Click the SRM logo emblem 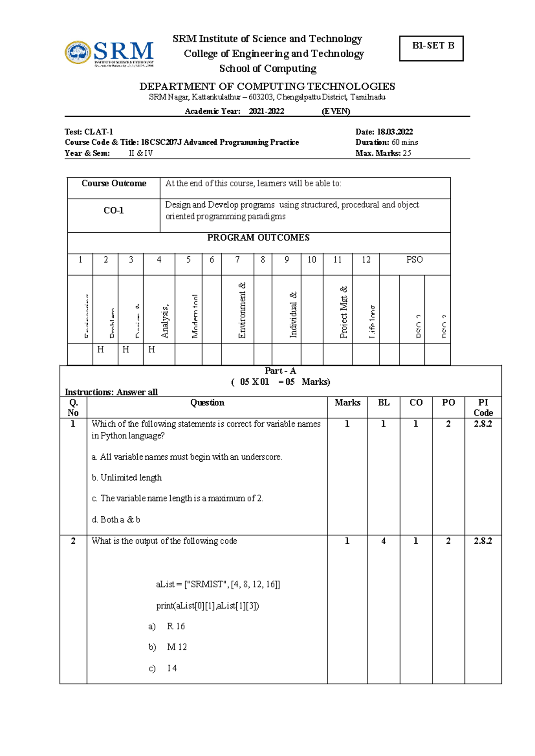[78, 53]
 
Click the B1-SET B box [431, 48]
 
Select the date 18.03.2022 [395, 132]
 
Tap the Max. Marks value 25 [407, 153]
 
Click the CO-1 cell [114, 211]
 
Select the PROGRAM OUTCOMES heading [258, 238]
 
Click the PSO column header [414, 260]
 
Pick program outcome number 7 [238, 260]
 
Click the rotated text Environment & [242, 310]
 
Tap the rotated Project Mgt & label [343, 312]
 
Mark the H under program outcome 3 [126, 350]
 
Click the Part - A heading [280, 371]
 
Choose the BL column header [383, 403]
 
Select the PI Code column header [483, 407]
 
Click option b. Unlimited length [127, 478]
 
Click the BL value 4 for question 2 [383, 541]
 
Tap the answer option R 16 [176, 627]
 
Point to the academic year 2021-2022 [266, 111]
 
